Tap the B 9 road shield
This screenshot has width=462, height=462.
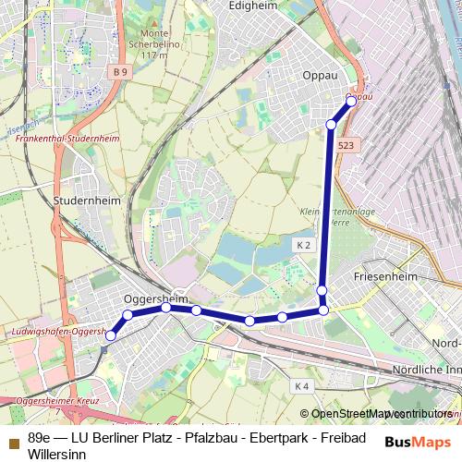point(116,71)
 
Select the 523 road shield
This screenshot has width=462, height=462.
point(346,146)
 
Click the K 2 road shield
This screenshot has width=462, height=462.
point(304,245)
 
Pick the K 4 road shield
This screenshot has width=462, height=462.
point(301,385)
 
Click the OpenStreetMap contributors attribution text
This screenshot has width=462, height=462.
point(381,414)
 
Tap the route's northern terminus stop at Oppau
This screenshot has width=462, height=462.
point(351,100)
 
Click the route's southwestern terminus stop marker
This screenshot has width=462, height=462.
point(110,335)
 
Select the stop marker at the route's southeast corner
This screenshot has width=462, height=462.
point(323,310)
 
